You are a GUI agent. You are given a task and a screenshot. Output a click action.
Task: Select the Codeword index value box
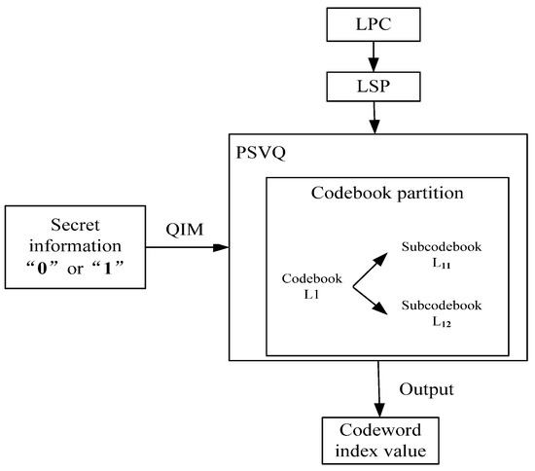(376, 442)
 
